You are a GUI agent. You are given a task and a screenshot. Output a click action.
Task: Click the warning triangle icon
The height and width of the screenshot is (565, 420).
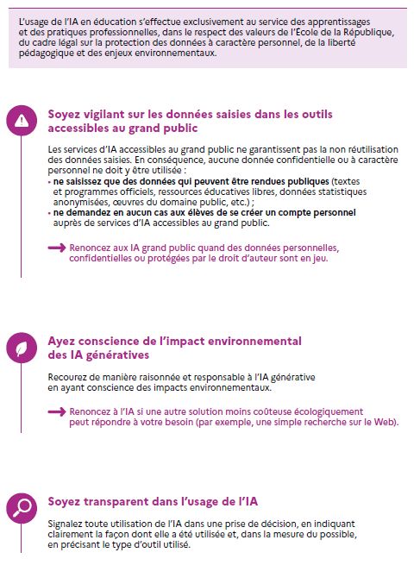point(22,120)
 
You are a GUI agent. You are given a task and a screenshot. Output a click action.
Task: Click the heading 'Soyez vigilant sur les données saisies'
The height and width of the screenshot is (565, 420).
point(191,114)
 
